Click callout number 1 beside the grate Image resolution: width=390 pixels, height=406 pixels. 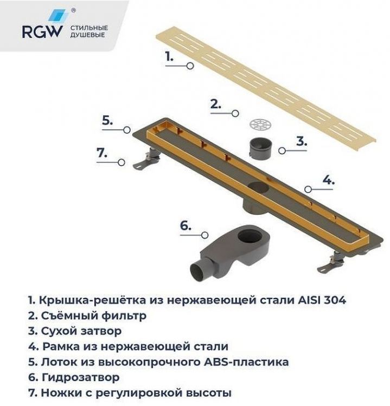[x=169, y=56]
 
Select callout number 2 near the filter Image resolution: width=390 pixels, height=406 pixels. [x=215, y=104]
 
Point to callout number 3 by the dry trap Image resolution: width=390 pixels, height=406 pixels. [x=301, y=142]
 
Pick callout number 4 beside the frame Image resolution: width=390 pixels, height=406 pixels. [x=328, y=180]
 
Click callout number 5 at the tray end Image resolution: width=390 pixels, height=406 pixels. [x=107, y=121]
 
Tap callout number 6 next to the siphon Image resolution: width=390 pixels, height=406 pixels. [x=186, y=226]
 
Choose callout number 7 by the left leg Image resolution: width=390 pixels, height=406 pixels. [x=103, y=153]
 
